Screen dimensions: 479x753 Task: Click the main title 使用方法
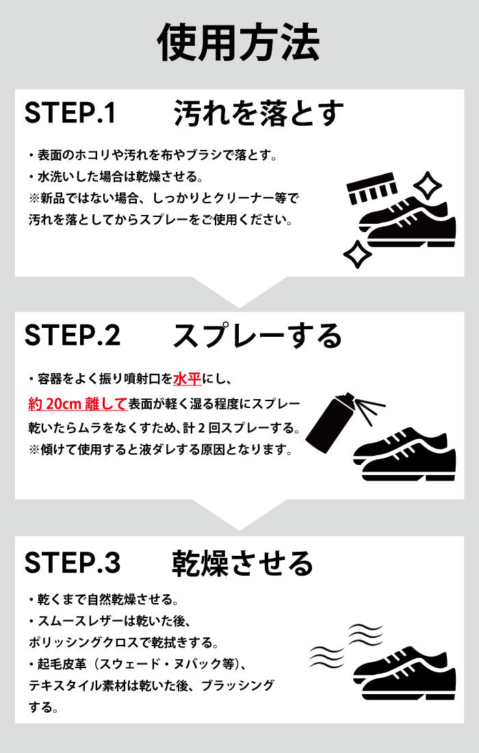coord(239,43)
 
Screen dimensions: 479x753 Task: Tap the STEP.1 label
coord(70,113)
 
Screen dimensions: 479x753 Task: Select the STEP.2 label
coord(73,335)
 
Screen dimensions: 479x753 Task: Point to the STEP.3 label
coord(73,562)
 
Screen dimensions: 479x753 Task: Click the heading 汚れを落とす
coord(259,114)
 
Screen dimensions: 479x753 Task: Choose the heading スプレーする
coord(257,335)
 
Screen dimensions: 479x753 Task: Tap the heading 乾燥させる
coord(242,563)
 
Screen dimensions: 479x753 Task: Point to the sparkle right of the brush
coord(427,185)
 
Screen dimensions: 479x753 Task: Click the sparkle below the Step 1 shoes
coord(358,253)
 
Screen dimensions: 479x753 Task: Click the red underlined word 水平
coord(187,379)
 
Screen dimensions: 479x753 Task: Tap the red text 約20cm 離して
coord(77,403)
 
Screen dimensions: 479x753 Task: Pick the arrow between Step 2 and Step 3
coord(239,515)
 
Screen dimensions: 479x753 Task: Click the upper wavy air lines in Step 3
coord(365,635)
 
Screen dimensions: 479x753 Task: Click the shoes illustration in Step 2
coord(404,455)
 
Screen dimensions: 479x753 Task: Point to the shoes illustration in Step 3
coord(404,673)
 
